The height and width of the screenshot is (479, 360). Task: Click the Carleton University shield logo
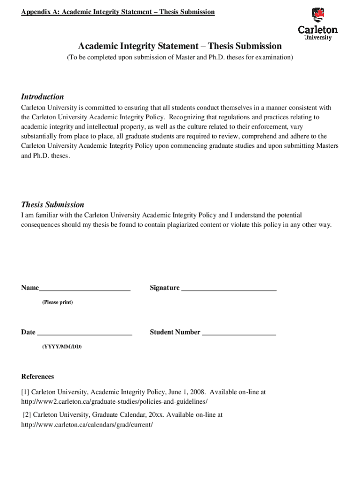click(x=317, y=15)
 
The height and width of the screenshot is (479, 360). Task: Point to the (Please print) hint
click(x=58, y=302)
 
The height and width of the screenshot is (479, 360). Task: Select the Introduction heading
click(x=43, y=97)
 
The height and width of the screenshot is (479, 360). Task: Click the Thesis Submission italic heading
click(x=52, y=204)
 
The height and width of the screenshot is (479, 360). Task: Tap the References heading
click(x=37, y=377)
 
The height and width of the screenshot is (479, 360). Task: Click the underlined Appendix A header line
click(x=118, y=12)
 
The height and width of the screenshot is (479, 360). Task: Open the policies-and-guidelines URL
click(x=114, y=401)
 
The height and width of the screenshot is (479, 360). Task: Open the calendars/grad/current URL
click(x=87, y=425)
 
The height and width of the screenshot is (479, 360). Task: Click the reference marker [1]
click(x=25, y=392)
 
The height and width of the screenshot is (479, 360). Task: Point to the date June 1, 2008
click(x=187, y=392)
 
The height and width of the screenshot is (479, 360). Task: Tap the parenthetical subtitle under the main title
click(x=180, y=58)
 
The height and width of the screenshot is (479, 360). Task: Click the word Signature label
click(x=165, y=288)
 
